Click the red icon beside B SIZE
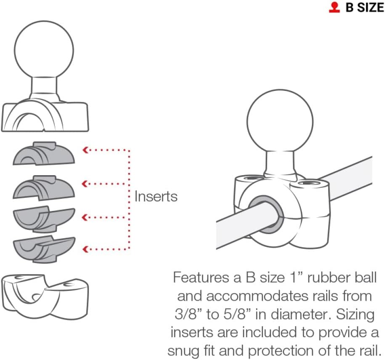(334, 8)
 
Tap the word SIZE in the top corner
(370, 8)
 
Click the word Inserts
(156, 197)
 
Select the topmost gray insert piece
(44, 153)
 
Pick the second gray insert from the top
(44, 187)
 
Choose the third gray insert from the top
(44, 220)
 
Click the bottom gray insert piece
(44, 249)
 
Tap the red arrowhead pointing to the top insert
(85, 149)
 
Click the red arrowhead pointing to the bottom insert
(85, 249)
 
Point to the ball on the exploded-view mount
(44, 51)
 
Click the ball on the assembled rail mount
(280, 122)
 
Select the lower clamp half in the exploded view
(45, 297)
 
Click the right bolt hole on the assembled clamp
(310, 183)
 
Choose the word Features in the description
(201, 277)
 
